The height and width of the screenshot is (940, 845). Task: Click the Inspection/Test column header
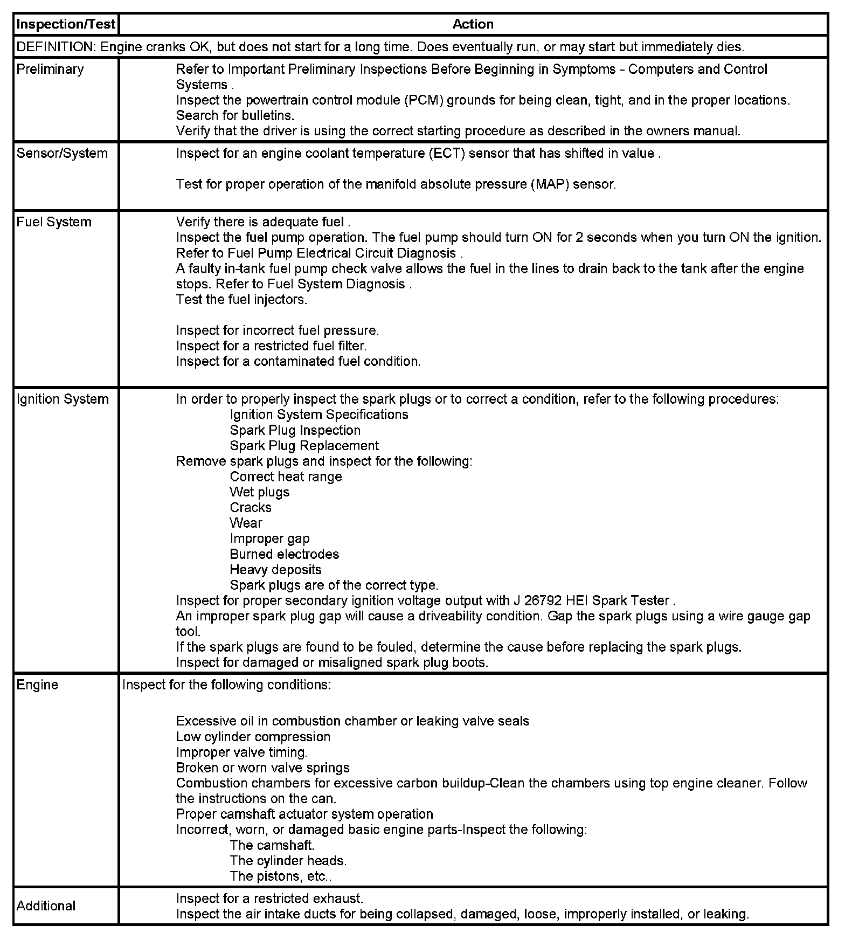click(x=66, y=24)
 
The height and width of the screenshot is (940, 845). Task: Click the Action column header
click(x=473, y=24)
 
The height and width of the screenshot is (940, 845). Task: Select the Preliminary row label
click(x=50, y=70)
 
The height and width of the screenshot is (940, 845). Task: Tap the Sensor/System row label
click(x=62, y=154)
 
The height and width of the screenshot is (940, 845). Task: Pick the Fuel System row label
click(x=54, y=222)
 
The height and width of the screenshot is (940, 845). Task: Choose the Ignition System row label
click(x=63, y=399)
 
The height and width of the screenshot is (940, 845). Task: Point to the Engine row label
click(x=37, y=685)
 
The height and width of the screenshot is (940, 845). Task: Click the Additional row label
click(x=46, y=906)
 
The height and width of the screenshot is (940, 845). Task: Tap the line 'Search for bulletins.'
click(x=235, y=115)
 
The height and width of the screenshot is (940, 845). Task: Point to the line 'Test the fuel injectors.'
click(x=241, y=300)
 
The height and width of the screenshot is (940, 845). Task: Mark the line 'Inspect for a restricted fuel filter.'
click(x=271, y=346)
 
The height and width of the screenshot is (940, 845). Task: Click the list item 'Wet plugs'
click(x=259, y=493)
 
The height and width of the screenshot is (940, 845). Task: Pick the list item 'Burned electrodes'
click(x=284, y=555)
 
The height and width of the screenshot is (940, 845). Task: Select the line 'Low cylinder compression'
click(x=253, y=737)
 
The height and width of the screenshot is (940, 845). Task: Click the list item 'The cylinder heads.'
click(x=288, y=861)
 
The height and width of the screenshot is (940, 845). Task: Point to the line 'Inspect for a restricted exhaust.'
click(x=269, y=898)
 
